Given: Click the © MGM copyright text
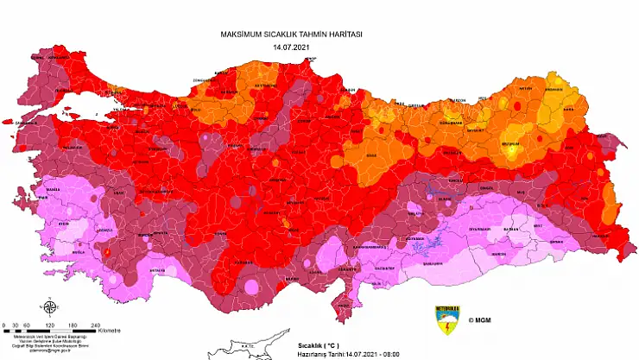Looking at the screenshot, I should (482, 319).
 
